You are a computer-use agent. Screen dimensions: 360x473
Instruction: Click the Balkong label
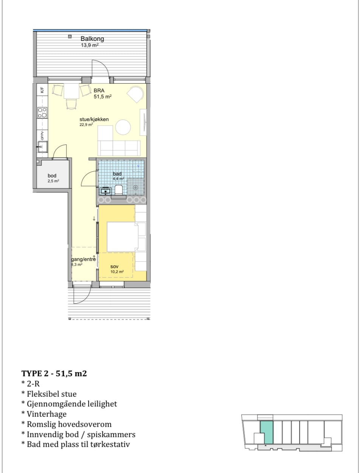[x=92, y=39]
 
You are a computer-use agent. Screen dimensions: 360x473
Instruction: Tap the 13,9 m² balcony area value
[x=90, y=45]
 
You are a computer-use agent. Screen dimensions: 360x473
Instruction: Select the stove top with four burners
[x=42, y=113]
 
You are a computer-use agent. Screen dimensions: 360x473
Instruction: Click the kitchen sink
[x=43, y=147]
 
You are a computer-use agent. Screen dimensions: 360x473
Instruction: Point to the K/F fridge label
[x=42, y=90]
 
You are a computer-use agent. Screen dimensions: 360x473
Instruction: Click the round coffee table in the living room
[x=123, y=127]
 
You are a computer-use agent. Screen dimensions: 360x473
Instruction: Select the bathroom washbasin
[x=106, y=191]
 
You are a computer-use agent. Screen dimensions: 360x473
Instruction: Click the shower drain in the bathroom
[x=135, y=188]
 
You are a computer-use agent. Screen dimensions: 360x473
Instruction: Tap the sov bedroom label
[x=114, y=267]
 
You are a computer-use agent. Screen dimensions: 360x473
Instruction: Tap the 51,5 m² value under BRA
[x=102, y=96]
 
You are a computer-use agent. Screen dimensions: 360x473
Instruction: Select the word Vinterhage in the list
[x=47, y=414]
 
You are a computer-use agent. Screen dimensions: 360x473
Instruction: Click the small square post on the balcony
[x=70, y=36]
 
